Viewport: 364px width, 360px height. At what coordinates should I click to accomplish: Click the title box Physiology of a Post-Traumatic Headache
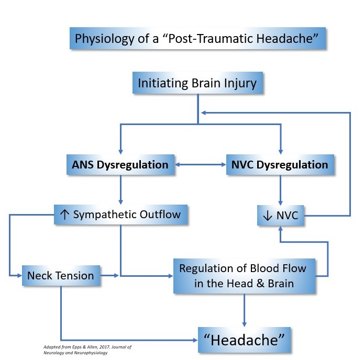point(198,39)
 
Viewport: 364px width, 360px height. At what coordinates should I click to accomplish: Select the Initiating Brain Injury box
point(197,83)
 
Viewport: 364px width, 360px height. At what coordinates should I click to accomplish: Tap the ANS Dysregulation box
point(120,164)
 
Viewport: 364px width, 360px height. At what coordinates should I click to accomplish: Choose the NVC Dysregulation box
point(280,164)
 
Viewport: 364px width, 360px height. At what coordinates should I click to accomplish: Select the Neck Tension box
point(61,275)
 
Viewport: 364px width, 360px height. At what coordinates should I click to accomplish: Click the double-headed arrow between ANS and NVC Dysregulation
point(199,164)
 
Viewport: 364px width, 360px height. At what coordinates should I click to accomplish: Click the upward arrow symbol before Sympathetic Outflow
point(64,215)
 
